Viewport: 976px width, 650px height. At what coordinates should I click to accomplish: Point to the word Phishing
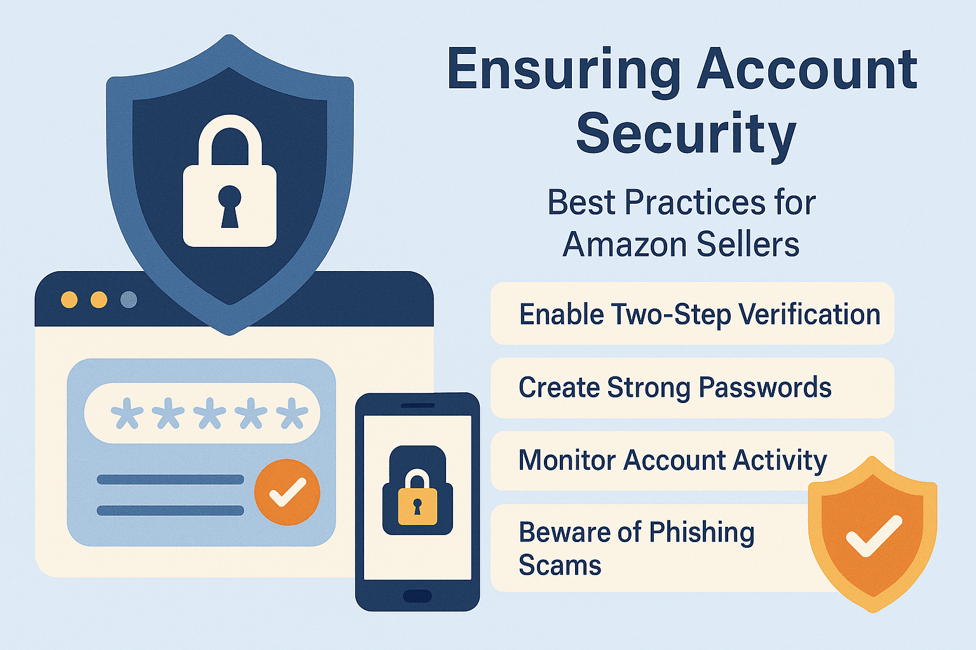click(702, 533)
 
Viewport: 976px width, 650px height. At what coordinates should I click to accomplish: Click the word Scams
click(560, 566)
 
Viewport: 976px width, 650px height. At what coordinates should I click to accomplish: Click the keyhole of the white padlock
click(229, 206)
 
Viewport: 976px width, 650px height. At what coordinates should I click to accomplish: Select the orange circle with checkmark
click(287, 493)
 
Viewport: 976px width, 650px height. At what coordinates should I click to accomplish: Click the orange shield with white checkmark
click(872, 534)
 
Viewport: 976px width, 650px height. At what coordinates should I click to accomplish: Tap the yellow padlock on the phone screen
click(417, 497)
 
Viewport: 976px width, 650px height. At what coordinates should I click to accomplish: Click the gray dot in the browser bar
click(128, 300)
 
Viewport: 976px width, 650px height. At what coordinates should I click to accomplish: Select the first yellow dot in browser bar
click(69, 300)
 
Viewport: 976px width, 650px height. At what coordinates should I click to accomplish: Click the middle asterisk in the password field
click(210, 413)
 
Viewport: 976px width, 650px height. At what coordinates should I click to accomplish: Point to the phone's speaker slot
click(418, 406)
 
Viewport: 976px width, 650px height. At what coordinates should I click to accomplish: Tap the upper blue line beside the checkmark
click(170, 479)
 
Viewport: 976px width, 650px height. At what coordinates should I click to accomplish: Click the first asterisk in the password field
click(127, 413)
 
